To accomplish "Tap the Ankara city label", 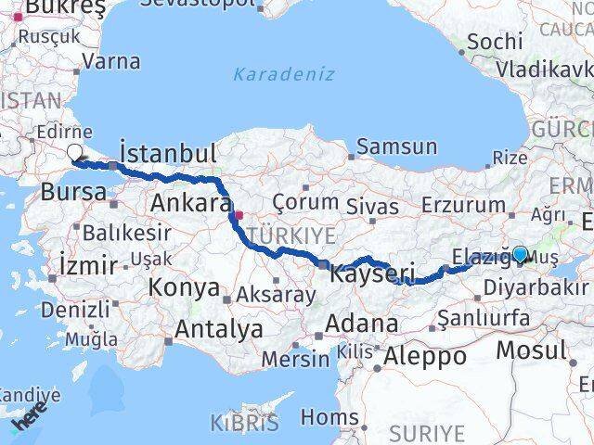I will click(190, 203).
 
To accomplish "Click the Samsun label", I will click(396, 146).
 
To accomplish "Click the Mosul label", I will click(531, 350).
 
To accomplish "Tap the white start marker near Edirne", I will click(76, 154).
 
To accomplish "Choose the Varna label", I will click(111, 62).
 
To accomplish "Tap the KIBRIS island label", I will click(244, 425).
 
